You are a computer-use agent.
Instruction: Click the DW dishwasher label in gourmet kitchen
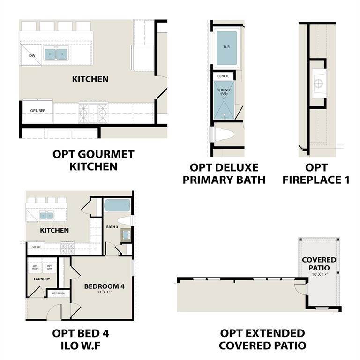(32, 56)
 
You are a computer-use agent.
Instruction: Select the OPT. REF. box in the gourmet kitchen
(38, 111)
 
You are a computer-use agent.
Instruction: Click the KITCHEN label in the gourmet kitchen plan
(90, 79)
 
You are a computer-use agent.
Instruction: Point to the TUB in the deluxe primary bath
(226, 47)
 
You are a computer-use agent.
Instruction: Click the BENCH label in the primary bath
(223, 75)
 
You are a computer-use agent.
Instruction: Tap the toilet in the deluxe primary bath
(226, 135)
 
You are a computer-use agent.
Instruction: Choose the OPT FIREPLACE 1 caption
(316, 173)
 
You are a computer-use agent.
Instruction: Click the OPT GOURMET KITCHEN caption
(93, 160)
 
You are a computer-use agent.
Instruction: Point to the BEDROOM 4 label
(105, 286)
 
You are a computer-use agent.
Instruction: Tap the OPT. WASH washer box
(35, 267)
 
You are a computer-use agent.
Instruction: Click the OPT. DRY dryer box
(49, 267)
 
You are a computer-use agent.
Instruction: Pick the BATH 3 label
(112, 227)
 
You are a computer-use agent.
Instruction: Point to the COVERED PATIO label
(319, 263)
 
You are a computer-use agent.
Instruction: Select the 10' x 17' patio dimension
(319, 274)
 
